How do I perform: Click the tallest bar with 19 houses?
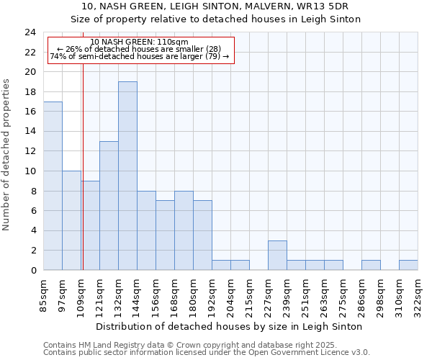click(x=127, y=176)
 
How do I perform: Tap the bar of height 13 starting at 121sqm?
click(x=109, y=205)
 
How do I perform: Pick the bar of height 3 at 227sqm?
click(x=277, y=256)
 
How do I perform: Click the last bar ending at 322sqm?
click(x=408, y=266)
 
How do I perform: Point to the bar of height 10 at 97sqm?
click(x=71, y=220)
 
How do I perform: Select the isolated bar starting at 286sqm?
click(x=371, y=266)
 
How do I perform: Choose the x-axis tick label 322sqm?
click(x=418, y=294)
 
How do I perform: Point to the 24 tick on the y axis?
click(x=30, y=32)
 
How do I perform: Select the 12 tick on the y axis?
click(x=30, y=151)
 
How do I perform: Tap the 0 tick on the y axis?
click(x=33, y=271)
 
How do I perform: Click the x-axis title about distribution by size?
click(x=228, y=326)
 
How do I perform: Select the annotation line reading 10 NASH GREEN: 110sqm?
click(x=140, y=42)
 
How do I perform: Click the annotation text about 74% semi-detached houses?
click(x=140, y=56)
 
